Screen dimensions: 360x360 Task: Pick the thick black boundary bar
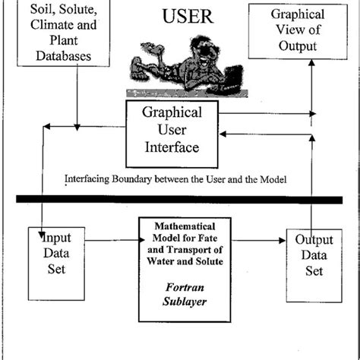[180, 200]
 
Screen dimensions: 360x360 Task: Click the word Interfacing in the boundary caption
[91, 180]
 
